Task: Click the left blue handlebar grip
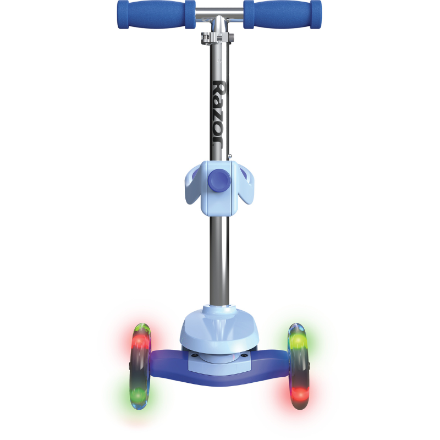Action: (156, 14)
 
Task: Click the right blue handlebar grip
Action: (282, 14)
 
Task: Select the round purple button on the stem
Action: (219, 180)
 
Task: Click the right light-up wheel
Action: (299, 366)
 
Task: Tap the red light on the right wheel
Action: (300, 393)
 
